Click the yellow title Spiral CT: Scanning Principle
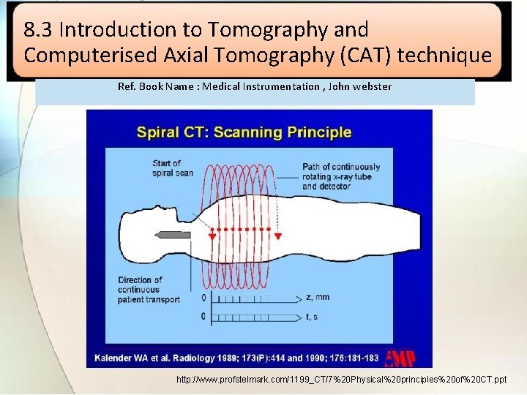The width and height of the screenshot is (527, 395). pyautogui.click(x=244, y=132)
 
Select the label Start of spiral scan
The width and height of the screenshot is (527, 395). pyautogui.click(x=173, y=168)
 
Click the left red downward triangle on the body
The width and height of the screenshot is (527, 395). pyautogui.click(x=212, y=236)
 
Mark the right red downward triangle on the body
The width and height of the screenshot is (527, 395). pyautogui.click(x=279, y=236)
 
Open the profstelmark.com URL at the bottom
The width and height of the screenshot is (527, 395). pyautogui.click(x=341, y=380)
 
